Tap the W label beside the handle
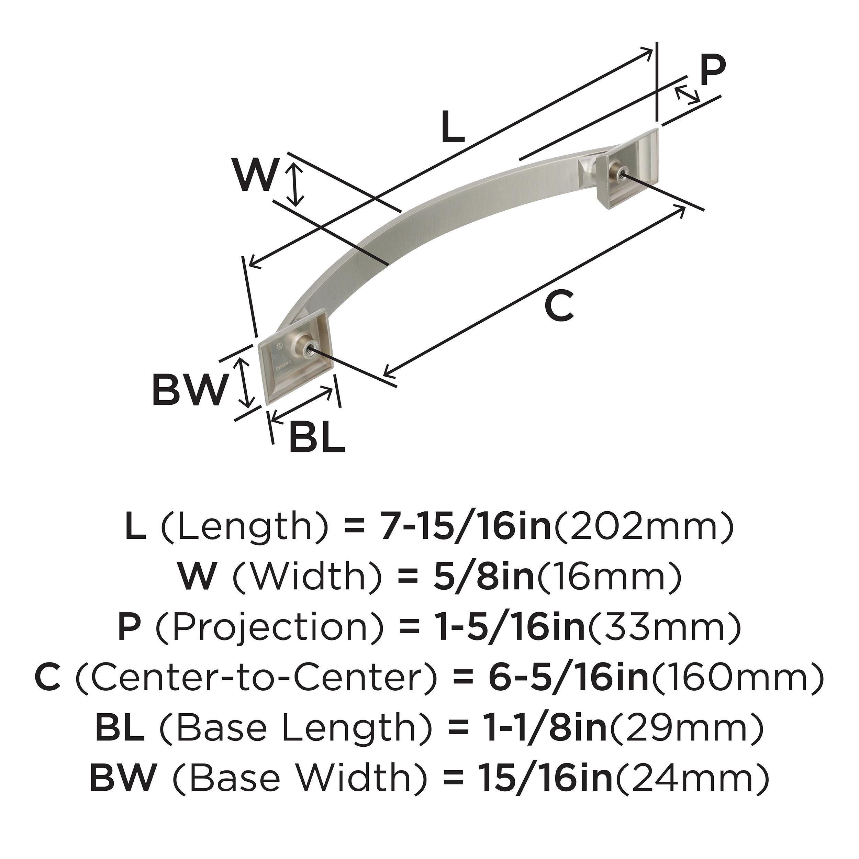tap(257, 175)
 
